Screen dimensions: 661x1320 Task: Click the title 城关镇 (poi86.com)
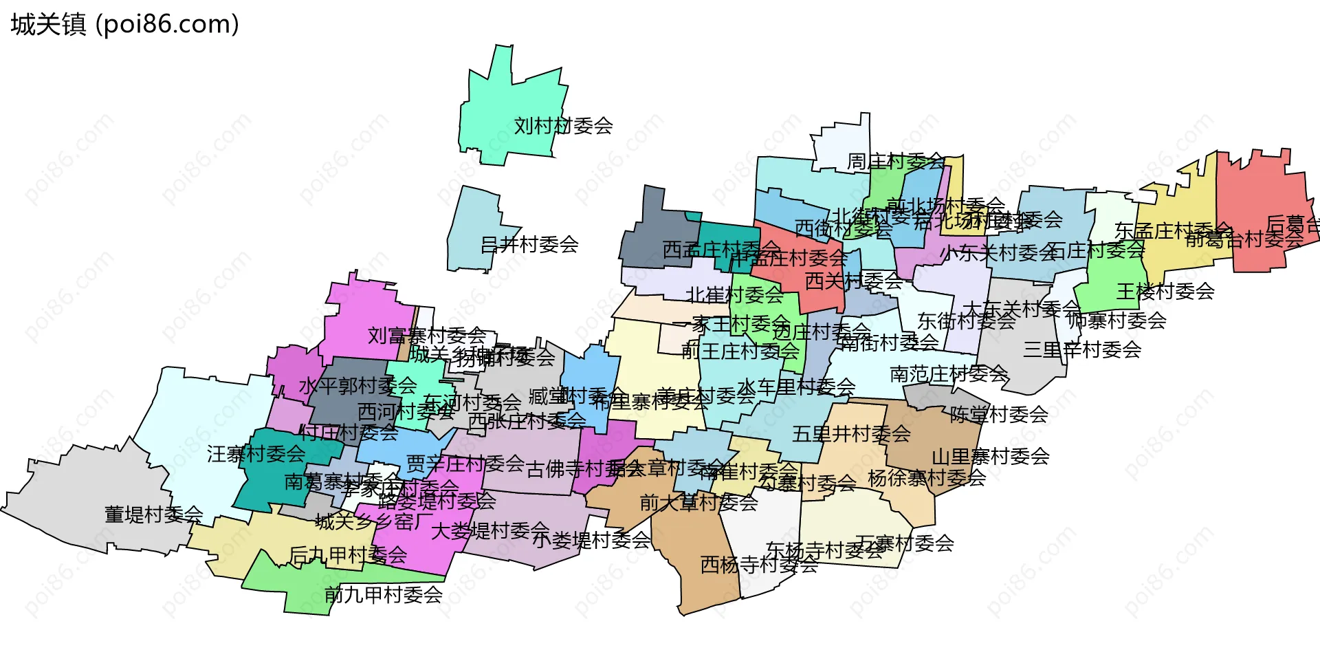point(124,25)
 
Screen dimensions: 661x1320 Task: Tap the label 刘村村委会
point(563,126)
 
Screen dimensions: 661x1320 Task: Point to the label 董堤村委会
point(153,514)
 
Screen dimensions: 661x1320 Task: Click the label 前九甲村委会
point(383,594)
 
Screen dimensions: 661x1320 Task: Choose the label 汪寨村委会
point(256,454)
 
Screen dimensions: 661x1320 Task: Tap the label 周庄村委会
point(896,162)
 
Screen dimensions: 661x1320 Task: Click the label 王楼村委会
point(1165,292)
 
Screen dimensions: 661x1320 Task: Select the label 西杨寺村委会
point(759,565)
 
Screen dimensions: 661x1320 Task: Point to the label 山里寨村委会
point(990,457)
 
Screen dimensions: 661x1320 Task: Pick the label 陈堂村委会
point(998,414)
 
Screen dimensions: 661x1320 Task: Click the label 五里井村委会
point(851,434)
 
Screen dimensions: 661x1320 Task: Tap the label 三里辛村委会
point(1081,349)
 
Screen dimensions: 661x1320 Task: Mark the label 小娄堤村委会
point(591,540)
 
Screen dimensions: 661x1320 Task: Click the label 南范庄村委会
point(949,374)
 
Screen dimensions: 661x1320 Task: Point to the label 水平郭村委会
point(357,385)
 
